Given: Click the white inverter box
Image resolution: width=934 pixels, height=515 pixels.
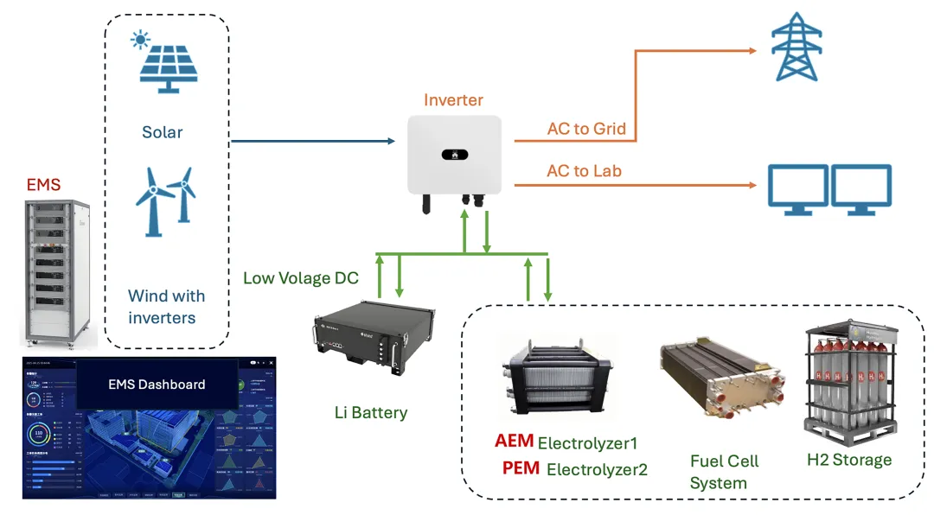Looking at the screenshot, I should coord(454,156).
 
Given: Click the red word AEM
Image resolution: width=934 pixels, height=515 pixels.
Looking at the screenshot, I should coord(514,442).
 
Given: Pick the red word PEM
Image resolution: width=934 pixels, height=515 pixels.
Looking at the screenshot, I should coord(521,468).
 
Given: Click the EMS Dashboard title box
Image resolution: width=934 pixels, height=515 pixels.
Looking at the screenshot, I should coord(157,385).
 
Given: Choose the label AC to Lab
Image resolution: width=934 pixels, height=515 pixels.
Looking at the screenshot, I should coord(584,171).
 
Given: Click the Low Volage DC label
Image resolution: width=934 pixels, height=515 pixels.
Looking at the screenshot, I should coord(300,278).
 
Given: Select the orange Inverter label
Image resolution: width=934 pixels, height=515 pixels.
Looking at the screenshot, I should coord(453,100).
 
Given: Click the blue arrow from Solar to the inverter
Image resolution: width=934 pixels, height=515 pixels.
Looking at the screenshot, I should coord(311,141).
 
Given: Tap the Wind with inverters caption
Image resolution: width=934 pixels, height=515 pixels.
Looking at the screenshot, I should coord(166,307).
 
